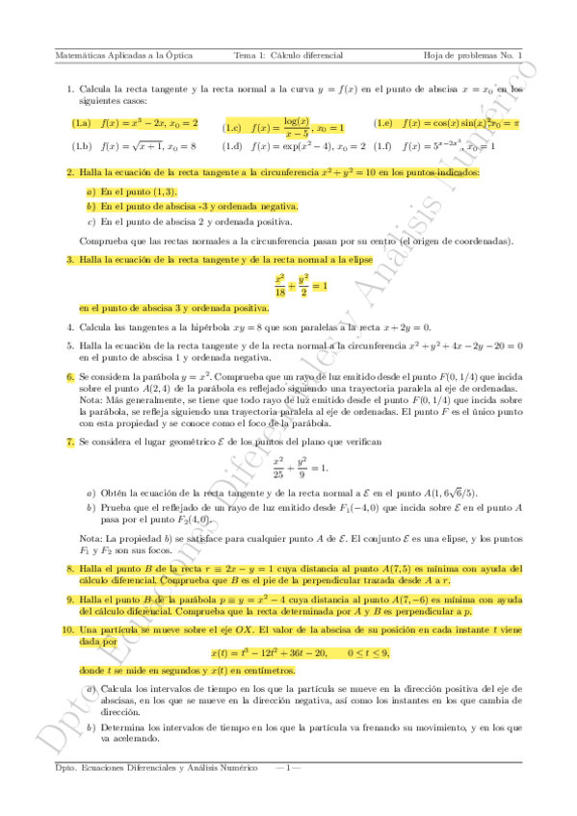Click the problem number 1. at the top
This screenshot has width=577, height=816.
click(x=70, y=89)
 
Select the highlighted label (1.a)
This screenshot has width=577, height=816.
click(x=81, y=123)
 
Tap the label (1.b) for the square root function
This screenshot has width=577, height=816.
click(x=81, y=146)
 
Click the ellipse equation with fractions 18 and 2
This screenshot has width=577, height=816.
click(x=301, y=286)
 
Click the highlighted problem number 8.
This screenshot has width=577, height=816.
click(x=70, y=570)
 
